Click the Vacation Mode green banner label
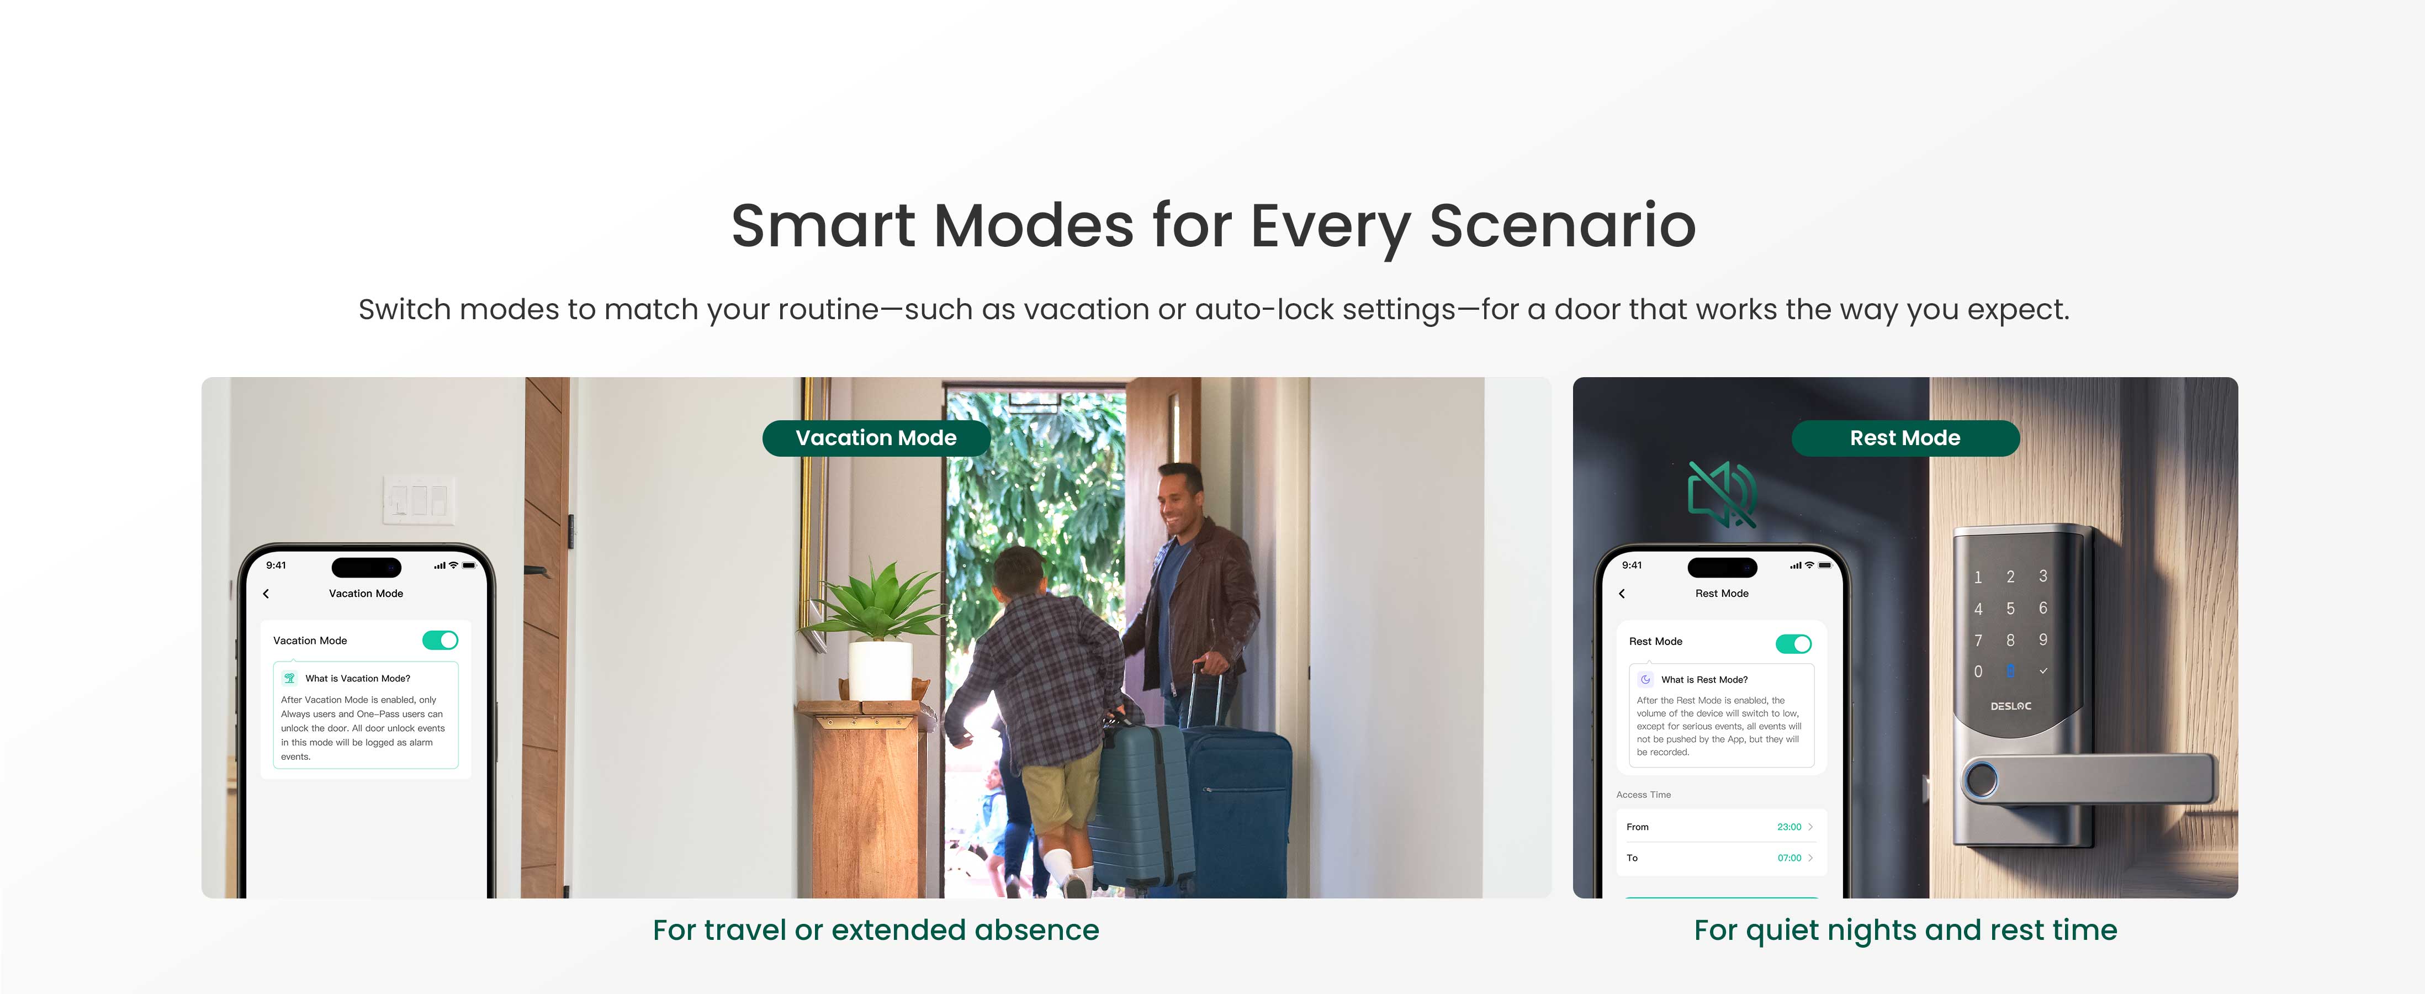coord(876,438)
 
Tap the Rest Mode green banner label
coord(1905,438)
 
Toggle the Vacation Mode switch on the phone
coord(441,640)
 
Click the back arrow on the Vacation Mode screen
coord(267,594)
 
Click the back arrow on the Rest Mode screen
coord(1622,594)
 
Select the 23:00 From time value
coord(1788,827)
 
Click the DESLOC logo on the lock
coord(2011,706)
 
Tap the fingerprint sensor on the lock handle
coord(1981,780)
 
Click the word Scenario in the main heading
coord(1563,226)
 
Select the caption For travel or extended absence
coord(876,930)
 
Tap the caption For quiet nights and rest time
coord(1905,930)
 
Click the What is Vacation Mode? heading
coord(358,679)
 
